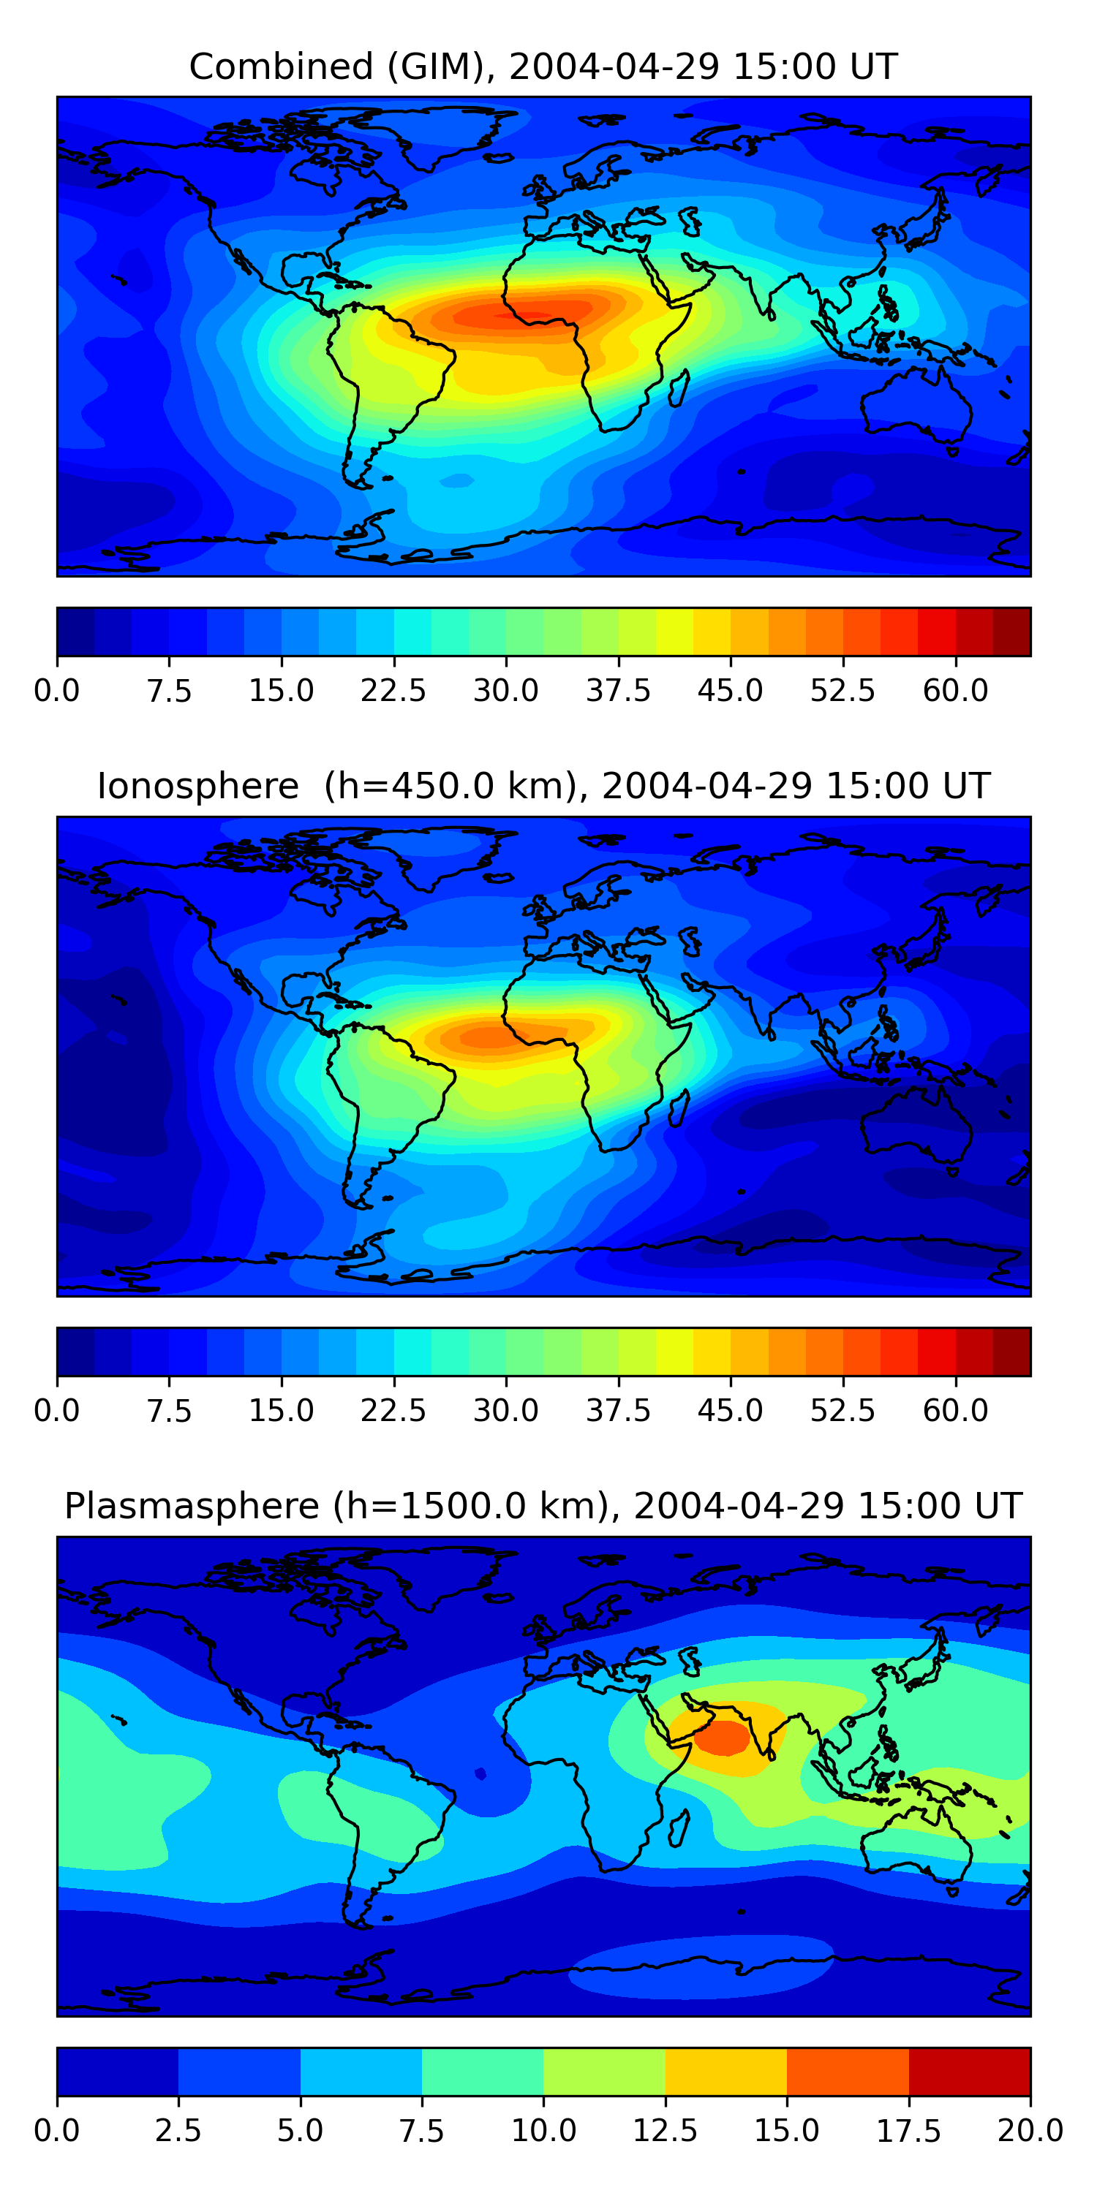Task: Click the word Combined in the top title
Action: pos(281,67)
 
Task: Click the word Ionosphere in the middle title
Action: pos(198,786)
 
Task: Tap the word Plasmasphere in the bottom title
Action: pos(192,1506)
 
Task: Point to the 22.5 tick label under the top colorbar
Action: pos(393,690)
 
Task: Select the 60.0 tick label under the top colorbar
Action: pos(955,690)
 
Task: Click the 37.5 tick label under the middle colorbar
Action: pos(617,1411)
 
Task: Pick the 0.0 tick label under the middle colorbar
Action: pos(56,1411)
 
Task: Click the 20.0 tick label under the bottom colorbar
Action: pos(1030,2131)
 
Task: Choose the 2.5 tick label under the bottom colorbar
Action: pos(178,2131)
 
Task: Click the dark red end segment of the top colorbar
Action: pos(1012,632)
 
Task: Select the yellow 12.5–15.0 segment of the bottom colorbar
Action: pos(725,2071)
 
